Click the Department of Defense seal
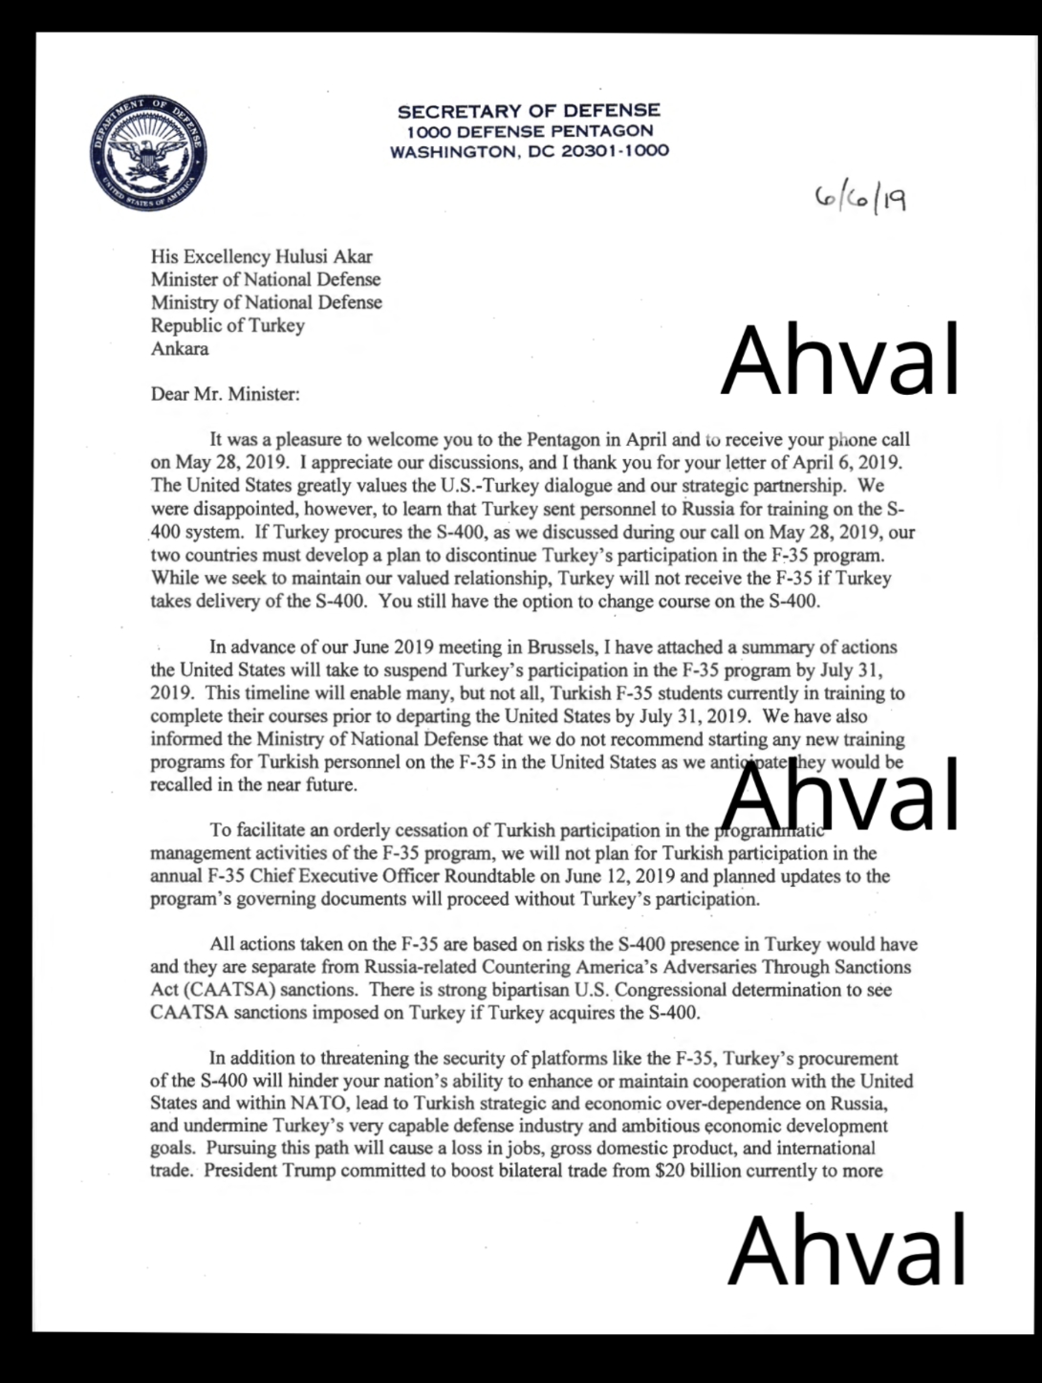click(x=148, y=155)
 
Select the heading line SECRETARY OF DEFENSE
click(x=529, y=111)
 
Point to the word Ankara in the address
click(x=179, y=348)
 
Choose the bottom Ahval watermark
click(x=846, y=1249)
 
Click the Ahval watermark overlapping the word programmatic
click(x=840, y=796)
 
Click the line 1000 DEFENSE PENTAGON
click(x=529, y=131)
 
